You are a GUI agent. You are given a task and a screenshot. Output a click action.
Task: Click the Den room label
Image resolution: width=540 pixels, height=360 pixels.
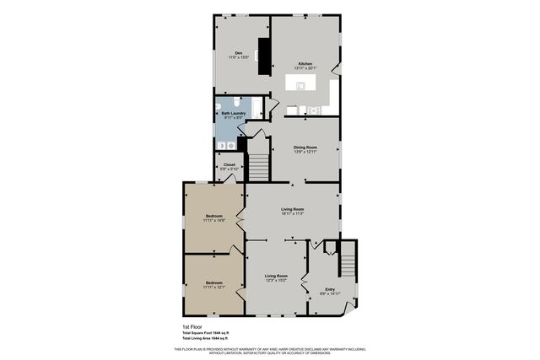click(x=239, y=53)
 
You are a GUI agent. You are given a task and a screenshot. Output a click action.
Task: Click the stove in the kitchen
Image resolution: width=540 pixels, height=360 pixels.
click(x=316, y=110)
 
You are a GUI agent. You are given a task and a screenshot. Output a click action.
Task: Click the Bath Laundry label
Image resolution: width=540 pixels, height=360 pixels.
click(x=232, y=113)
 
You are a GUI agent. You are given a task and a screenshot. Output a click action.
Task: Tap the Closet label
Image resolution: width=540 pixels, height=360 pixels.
click(x=229, y=164)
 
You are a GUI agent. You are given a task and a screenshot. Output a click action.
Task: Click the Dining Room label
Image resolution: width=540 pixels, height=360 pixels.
click(x=305, y=148)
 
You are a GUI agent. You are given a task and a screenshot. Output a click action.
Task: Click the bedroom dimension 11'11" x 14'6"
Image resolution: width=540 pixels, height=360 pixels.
click(x=213, y=221)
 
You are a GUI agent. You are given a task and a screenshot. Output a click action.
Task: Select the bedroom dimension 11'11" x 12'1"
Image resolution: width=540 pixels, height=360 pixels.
click(x=213, y=287)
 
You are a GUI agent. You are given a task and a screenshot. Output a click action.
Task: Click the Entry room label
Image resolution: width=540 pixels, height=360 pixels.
click(x=330, y=289)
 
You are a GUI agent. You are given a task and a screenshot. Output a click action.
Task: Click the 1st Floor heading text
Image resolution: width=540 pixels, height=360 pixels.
click(x=193, y=326)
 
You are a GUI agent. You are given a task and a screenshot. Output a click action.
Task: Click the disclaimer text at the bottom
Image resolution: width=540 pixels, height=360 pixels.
click(x=269, y=349)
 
